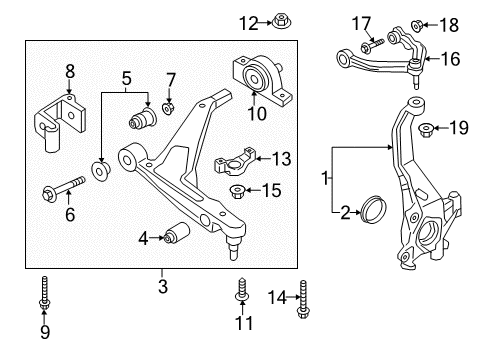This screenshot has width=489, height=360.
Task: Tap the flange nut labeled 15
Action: tap(240, 190)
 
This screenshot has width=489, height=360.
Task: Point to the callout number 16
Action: tap(451, 59)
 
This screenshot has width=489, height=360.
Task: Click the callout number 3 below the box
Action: tap(162, 285)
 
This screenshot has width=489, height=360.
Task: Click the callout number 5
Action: tap(126, 78)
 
